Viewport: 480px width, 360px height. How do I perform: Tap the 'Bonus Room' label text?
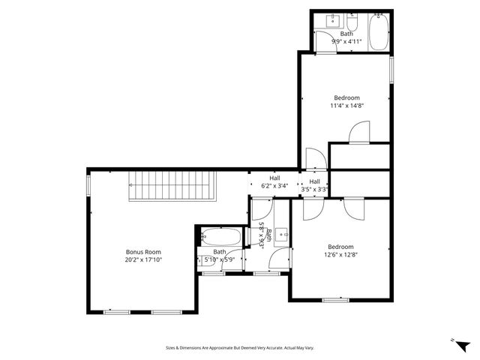coord(142,252)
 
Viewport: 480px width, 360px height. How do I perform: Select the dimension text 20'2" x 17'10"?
coord(142,259)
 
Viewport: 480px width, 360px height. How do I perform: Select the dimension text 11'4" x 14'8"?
coord(346,106)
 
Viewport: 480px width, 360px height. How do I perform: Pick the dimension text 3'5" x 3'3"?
coord(314,190)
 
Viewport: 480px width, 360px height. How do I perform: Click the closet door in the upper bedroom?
coord(359,133)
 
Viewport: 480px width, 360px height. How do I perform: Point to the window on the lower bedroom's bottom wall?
coord(335,300)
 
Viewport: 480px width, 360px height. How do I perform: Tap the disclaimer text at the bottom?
coord(240,348)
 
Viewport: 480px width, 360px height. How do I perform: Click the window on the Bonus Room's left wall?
coord(88,183)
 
